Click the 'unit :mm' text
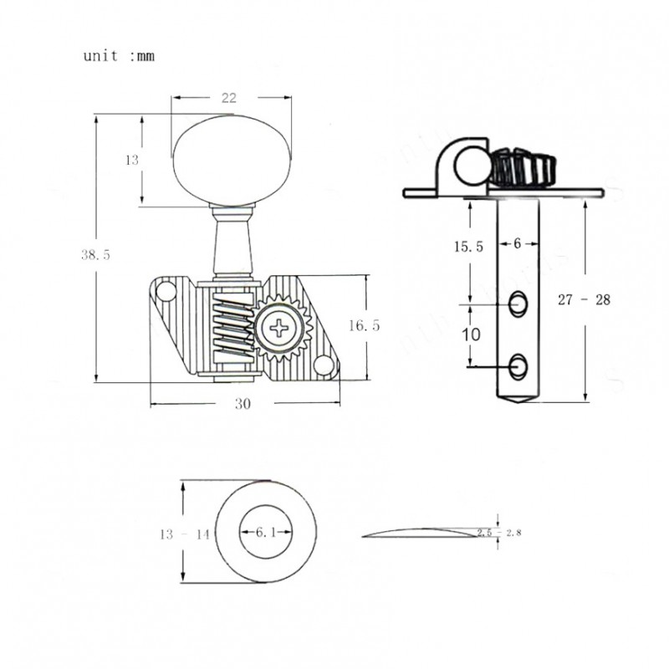click(119, 57)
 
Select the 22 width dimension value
click(227, 98)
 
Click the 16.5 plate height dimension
click(365, 326)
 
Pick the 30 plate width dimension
click(243, 403)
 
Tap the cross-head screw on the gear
click(277, 326)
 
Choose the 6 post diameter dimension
click(516, 243)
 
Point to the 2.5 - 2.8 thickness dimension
click(497, 532)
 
